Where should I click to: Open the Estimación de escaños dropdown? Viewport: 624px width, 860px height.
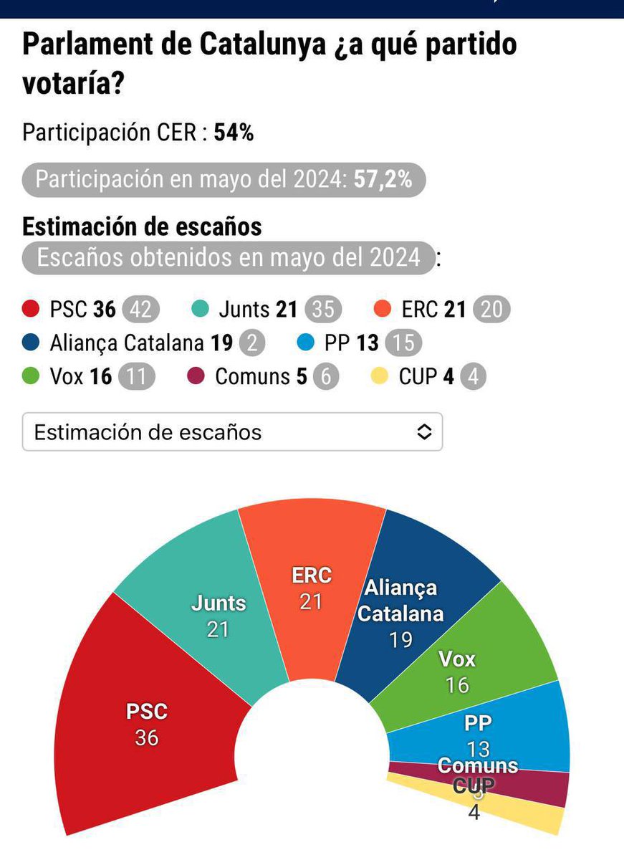coord(232,432)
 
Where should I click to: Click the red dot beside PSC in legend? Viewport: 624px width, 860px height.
coord(31,310)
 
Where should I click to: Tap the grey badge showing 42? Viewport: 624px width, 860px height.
coord(140,310)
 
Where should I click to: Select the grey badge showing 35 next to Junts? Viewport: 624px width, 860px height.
coord(323,310)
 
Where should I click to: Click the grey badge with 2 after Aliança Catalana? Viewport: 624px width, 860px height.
coord(251,343)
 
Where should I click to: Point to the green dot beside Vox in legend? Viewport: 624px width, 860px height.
coord(31,377)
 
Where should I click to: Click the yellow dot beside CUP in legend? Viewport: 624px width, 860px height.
coord(380,377)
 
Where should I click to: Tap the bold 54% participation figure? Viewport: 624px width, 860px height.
coord(234,133)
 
